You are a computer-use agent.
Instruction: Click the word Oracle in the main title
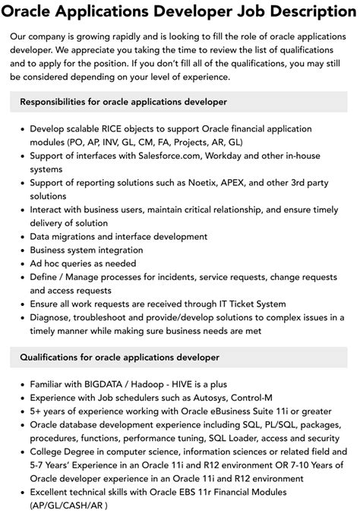point(31,12)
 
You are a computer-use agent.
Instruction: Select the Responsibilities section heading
point(123,101)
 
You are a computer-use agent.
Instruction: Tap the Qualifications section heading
point(119,357)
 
